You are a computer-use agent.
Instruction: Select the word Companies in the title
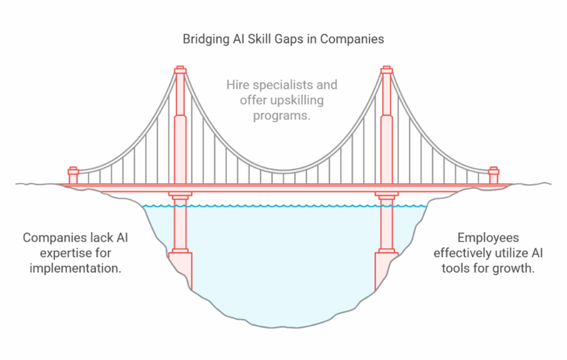point(352,39)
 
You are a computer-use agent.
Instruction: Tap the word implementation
point(75,269)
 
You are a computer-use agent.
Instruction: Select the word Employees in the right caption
point(488,238)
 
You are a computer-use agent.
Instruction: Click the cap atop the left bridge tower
point(180,70)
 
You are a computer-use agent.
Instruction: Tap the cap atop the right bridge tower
point(386,70)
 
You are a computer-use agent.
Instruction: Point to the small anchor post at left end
point(74,176)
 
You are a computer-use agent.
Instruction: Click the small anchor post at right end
point(493,176)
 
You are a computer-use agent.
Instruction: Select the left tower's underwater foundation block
point(181,270)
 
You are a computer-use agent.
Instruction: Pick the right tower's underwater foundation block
point(386,270)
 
